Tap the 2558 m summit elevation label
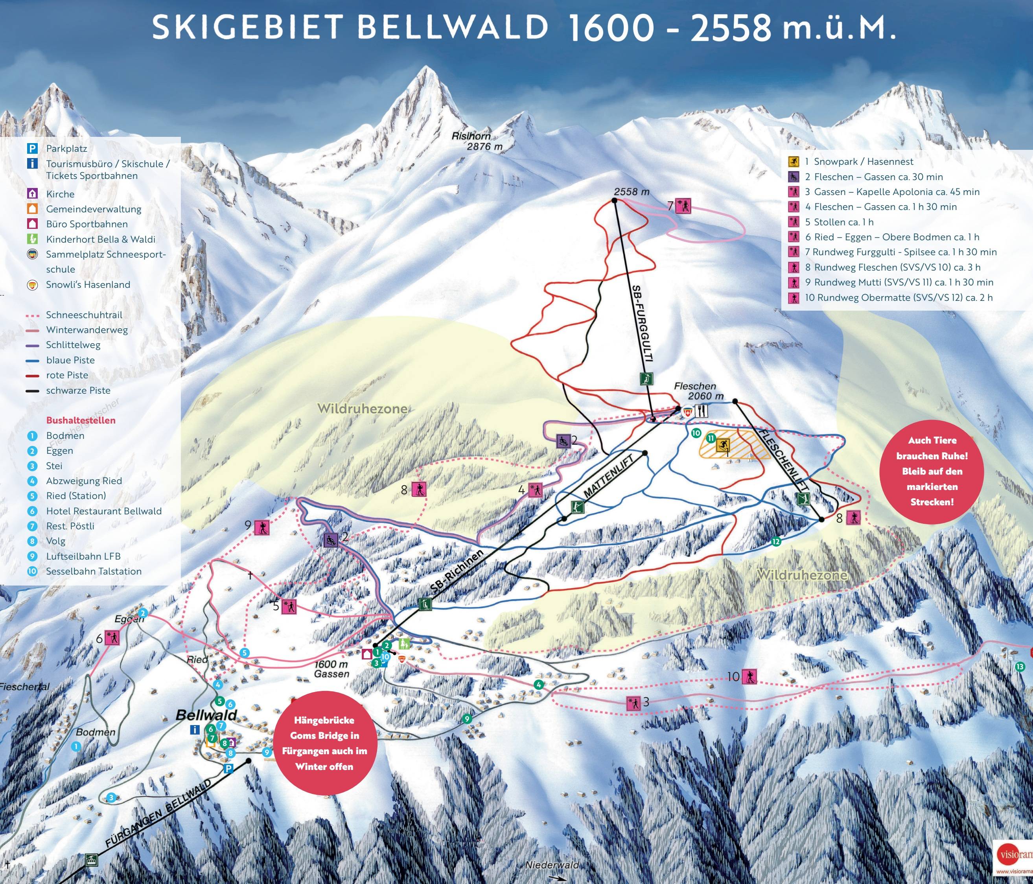coord(631,192)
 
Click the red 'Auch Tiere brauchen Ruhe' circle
coord(932,471)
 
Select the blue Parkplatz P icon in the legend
coord(32,148)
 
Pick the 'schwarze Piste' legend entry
coord(78,390)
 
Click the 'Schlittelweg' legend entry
coord(73,344)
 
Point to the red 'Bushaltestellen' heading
coord(81,420)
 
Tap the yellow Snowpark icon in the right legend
coord(793,162)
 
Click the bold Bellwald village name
coord(206,715)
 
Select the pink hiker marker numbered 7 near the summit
coord(683,206)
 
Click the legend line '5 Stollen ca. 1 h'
coord(839,222)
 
